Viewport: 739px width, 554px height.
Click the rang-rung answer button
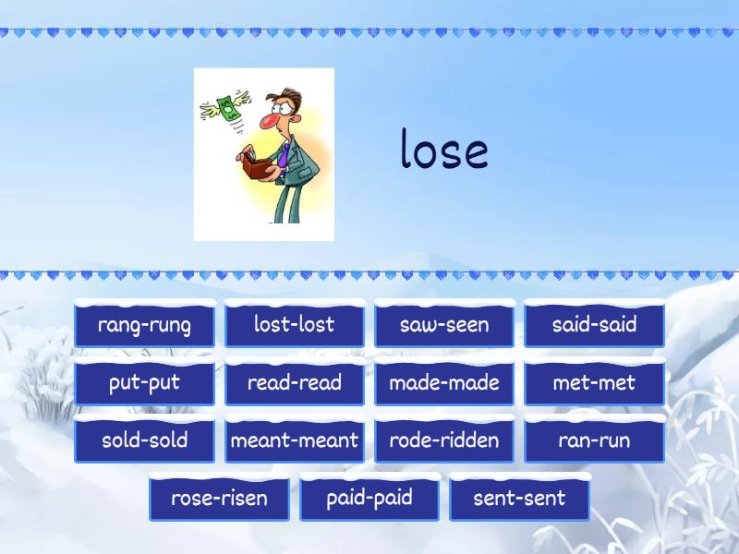coord(144,325)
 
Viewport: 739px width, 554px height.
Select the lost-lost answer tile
coord(294,325)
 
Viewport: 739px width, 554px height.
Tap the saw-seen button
coord(444,325)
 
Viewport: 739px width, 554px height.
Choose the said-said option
coord(594,325)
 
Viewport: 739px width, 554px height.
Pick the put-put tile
coord(144,383)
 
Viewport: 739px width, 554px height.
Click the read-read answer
coord(294,383)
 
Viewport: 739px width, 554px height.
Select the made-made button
coord(444,383)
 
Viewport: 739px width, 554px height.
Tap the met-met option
coord(594,383)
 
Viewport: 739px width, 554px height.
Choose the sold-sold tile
coord(144,440)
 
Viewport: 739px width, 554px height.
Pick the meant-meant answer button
coord(294,440)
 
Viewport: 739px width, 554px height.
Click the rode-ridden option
coord(444,440)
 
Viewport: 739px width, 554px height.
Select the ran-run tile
coord(594,440)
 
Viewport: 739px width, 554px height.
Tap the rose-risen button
coord(219,499)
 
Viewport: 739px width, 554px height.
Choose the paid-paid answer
coord(369,499)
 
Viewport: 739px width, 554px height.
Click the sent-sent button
coord(519,499)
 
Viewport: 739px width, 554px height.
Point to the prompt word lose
coord(444,150)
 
